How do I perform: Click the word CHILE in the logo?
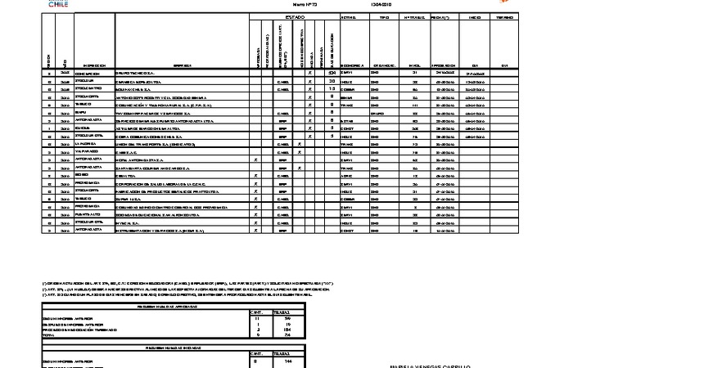click(58, 5)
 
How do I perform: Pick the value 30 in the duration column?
click(332, 81)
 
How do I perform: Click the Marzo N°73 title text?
click(305, 4)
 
